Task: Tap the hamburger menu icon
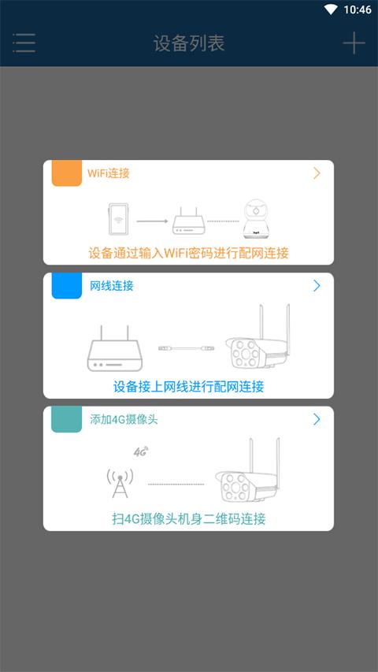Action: tap(24, 43)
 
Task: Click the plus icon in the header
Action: tap(354, 43)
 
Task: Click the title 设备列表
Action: tap(189, 43)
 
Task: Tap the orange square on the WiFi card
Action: tap(66, 173)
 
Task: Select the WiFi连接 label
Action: tap(109, 173)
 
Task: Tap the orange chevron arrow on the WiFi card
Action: tap(317, 173)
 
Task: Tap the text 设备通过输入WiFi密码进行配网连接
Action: tap(189, 253)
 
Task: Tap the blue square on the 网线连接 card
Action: tap(66, 285)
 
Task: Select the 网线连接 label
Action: tap(112, 285)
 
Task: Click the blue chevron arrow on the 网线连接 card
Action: tap(317, 285)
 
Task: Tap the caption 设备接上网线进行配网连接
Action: tap(189, 386)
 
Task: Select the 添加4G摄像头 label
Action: tap(124, 419)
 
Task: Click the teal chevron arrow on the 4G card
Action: tap(317, 419)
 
